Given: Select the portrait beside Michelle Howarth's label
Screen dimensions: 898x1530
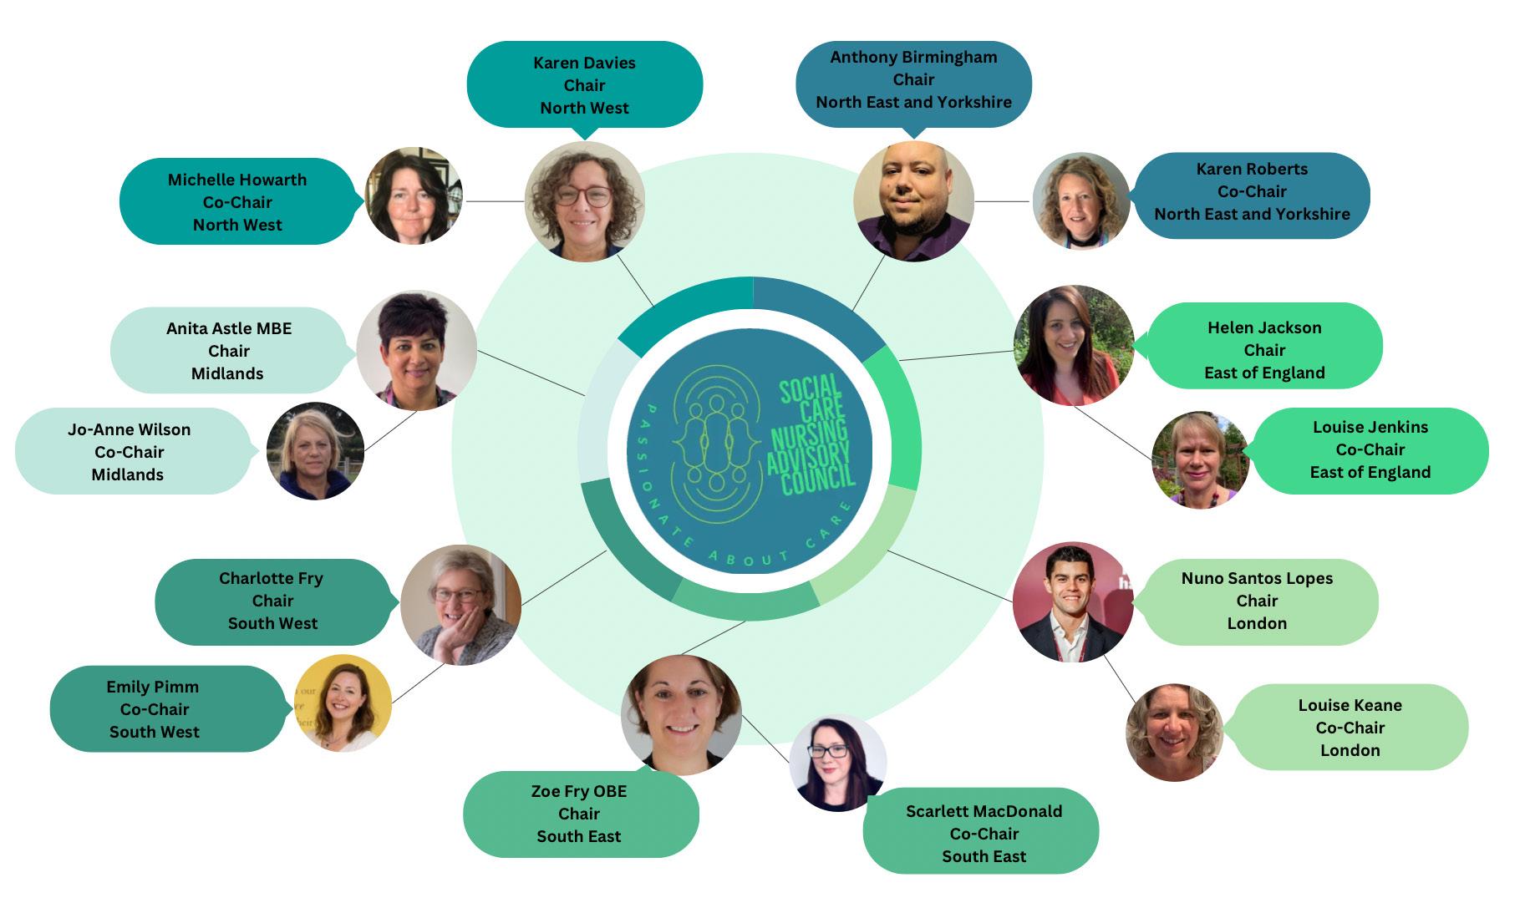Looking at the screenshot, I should pyautogui.click(x=414, y=196).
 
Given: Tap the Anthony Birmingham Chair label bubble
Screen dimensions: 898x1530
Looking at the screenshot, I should pyautogui.click(x=913, y=80).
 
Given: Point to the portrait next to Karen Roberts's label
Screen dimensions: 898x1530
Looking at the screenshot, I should pyautogui.click(x=1080, y=201).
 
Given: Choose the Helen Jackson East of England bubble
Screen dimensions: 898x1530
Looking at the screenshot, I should pyautogui.click(x=1264, y=350).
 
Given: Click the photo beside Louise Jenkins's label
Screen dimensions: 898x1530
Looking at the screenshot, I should pyautogui.click(x=1199, y=459).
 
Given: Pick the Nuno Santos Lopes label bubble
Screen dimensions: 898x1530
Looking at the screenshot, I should pyautogui.click(x=1257, y=601).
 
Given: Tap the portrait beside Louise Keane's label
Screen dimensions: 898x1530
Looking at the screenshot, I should pyautogui.click(x=1174, y=733).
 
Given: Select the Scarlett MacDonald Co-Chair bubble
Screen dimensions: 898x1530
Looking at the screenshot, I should pyautogui.click(x=983, y=833).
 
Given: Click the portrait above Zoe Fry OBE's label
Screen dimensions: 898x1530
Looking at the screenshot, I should pyautogui.click(x=681, y=713).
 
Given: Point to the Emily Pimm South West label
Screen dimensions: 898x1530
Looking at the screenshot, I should pyautogui.click(x=155, y=709).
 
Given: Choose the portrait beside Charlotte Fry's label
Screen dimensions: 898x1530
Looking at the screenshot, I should pyautogui.click(x=460, y=605).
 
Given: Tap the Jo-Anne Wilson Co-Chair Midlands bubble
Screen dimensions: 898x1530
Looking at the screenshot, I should pyautogui.click(x=130, y=452).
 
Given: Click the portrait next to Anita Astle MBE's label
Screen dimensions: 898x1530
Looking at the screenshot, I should pyautogui.click(x=416, y=350).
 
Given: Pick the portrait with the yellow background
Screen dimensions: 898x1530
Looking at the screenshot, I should pyautogui.click(x=343, y=703).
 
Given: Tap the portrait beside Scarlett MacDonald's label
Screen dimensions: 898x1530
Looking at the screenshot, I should pyautogui.click(x=837, y=763).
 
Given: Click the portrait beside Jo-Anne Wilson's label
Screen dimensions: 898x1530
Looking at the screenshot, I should pyautogui.click(x=315, y=451).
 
